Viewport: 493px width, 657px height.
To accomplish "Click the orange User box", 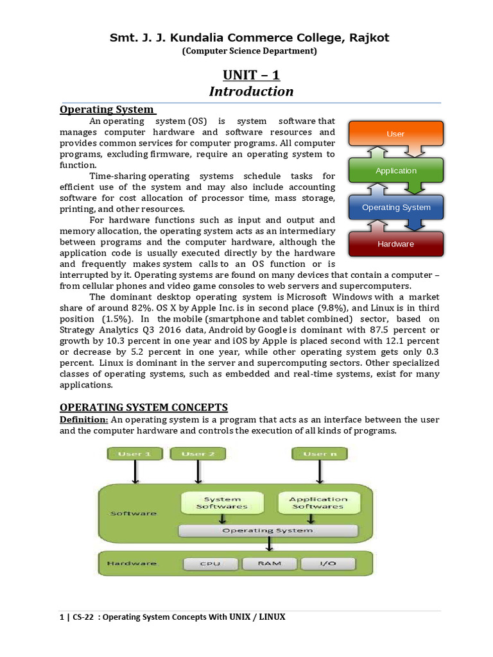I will click(x=395, y=134).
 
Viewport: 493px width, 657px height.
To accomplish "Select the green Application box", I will click(x=395, y=171).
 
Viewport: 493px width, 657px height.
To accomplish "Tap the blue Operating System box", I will click(x=395, y=207).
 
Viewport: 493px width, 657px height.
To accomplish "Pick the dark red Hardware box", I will click(x=395, y=244).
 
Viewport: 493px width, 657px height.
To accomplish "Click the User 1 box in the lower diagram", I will click(x=135, y=454).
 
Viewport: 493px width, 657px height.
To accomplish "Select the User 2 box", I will click(x=198, y=454).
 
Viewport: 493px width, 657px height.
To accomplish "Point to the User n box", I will click(x=319, y=454).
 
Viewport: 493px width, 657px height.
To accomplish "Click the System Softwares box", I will click(x=222, y=503).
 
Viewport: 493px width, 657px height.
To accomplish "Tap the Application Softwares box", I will click(x=318, y=503).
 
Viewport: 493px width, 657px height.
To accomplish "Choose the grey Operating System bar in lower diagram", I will click(x=268, y=531).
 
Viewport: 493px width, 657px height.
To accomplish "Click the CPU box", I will click(x=211, y=563).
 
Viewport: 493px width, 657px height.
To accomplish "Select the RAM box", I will click(x=270, y=563).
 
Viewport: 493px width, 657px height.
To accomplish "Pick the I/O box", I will click(x=328, y=563).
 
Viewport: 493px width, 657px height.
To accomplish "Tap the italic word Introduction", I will click(x=251, y=91).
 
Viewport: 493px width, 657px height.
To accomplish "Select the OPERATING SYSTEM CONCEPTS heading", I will click(x=144, y=407).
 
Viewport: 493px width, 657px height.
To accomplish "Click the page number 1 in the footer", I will click(x=62, y=617).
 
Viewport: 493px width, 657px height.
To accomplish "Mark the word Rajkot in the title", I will click(x=368, y=38).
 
